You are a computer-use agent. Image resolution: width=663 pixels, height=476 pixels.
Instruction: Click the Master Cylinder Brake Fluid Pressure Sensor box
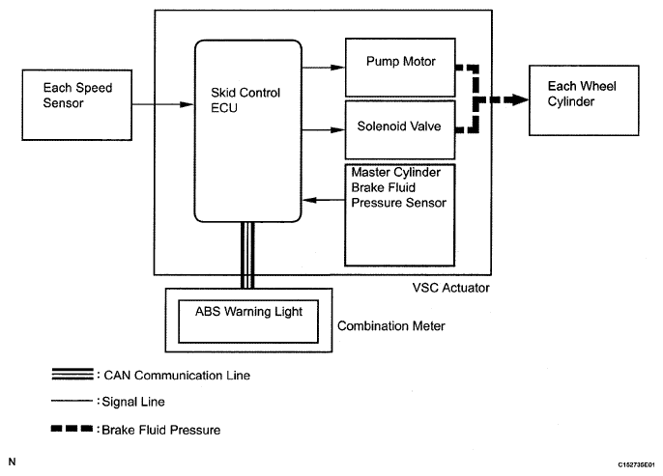400,213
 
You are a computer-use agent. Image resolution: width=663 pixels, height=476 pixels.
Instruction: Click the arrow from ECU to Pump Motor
324,69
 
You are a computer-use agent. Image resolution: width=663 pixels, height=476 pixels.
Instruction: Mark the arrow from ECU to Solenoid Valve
324,130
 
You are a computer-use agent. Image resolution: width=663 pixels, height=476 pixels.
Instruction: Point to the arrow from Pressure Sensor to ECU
324,201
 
